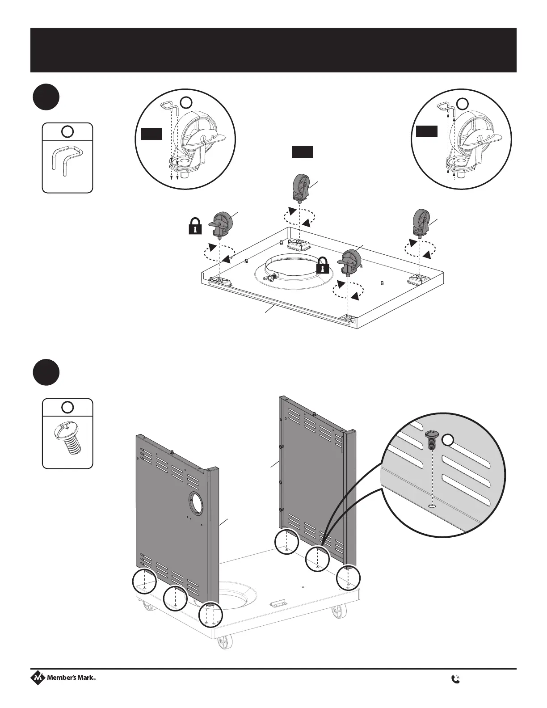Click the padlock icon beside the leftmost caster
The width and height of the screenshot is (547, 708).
pos(195,226)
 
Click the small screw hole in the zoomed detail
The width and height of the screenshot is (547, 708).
pos(431,506)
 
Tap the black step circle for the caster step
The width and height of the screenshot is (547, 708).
pos(46,97)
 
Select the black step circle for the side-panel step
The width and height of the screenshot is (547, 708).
pos(46,372)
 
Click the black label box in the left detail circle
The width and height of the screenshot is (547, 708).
pos(151,134)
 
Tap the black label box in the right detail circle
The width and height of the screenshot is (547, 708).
pos(426,131)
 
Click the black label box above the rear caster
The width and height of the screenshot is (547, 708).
pos(302,152)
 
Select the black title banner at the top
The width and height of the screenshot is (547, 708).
pos(273,50)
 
